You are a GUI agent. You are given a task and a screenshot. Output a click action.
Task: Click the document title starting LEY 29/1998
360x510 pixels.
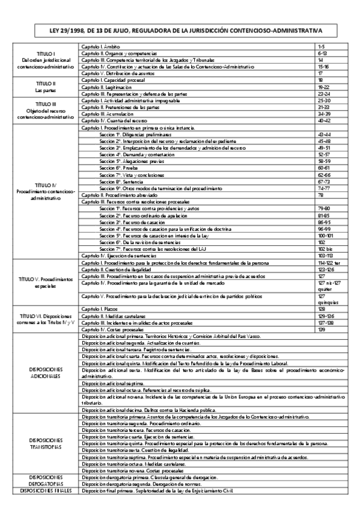pyautogui.click(x=180, y=30)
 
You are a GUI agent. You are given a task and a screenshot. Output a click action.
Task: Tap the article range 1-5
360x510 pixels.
pyautogui.click(x=322, y=46)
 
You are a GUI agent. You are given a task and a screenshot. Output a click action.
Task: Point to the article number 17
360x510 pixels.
pyautogui.click(x=321, y=73)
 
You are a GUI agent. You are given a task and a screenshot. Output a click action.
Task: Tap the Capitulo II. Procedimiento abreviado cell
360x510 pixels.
pyautogui.click(x=118, y=195)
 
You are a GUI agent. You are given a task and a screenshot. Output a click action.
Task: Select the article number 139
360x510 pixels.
pyautogui.click(x=322, y=330)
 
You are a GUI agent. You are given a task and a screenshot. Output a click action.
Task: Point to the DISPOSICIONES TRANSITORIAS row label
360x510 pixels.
pyautogui.click(x=46, y=444)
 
